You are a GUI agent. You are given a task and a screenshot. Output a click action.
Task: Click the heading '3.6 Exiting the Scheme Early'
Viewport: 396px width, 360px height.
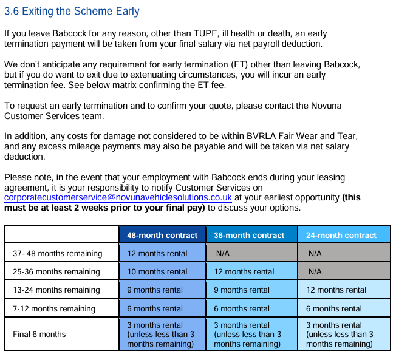click(72, 12)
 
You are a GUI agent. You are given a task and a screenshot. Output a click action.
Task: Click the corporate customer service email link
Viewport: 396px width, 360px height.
click(118, 198)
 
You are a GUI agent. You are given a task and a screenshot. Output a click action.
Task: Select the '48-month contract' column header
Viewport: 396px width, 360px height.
click(162, 235)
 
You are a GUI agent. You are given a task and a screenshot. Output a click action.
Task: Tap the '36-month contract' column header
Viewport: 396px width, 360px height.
click(249, 235)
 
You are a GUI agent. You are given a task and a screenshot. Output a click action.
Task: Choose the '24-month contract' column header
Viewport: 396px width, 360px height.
click(341, 235)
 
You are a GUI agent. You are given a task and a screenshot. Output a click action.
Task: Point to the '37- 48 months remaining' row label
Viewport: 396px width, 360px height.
click(57, 253)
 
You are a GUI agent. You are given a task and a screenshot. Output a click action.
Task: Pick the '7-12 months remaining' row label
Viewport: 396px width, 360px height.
click(54, 308)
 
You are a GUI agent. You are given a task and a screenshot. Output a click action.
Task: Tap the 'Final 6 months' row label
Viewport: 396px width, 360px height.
click(39, 334)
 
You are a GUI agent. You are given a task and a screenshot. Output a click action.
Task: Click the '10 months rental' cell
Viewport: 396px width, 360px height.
click(157, 271)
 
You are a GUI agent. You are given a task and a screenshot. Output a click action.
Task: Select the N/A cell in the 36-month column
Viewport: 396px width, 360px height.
click(222, 253)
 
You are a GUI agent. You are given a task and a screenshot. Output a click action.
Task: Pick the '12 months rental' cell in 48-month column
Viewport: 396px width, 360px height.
click(157, 253)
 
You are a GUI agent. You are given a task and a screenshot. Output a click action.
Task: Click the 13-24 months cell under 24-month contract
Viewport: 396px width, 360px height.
click(336, 290)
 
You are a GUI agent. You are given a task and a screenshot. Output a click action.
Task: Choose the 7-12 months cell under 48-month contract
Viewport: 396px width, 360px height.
click(155, 308)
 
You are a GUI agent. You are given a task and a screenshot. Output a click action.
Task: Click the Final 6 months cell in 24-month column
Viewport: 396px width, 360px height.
click(340, 335)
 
